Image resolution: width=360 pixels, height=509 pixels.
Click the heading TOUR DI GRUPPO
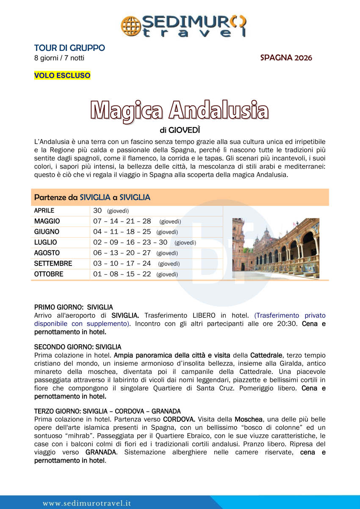point(69,48)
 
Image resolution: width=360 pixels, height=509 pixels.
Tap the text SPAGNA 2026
point(286,58)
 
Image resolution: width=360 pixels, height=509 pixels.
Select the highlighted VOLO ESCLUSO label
point(62,76)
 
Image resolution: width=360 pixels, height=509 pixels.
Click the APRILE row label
point(44,210)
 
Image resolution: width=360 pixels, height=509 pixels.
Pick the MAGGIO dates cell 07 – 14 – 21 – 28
point(122,221)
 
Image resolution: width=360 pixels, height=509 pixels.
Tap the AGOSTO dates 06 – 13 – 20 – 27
point(122,253)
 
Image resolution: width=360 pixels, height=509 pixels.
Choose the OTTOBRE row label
point(49,274)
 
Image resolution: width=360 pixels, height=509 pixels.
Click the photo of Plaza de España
point(276,248)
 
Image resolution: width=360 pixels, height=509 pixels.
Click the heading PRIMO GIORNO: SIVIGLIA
point(73,307)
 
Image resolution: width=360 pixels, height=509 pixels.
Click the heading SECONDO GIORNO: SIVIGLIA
point(78,347)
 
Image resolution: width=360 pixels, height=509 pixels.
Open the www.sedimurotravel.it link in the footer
point(87,503)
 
